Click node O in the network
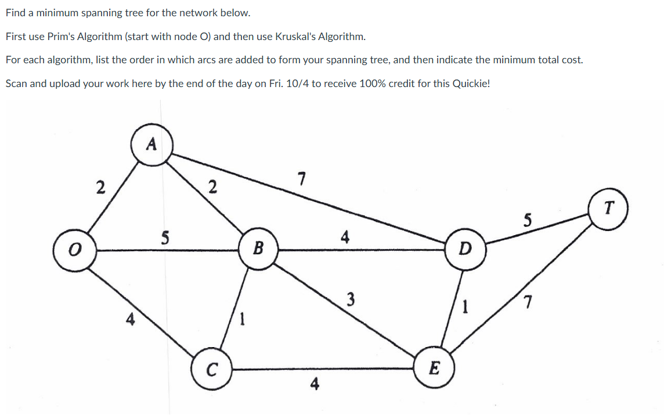[x=74, y=251]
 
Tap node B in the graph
[x=258, y=250]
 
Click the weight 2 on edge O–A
[x=101, y=187]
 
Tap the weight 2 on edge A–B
[x=212, y=187]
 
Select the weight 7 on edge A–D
[x=301, y=179]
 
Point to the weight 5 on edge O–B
[x=165, y=237]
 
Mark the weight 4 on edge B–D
[x=345, y=237]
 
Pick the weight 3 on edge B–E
[x=350, y=300]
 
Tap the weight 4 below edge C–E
[x=315, y=384]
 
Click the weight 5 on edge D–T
[x=527, y=221]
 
